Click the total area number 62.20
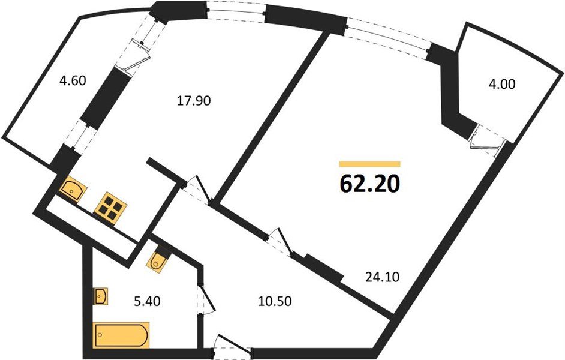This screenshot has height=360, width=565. pyautogui.click(x=369, y=184)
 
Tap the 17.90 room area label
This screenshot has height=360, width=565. pyautogui.click(x=194, y=101)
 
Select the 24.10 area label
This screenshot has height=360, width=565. pyautogui.click(x=382, y=277)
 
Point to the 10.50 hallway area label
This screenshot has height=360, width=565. pyautogui.click(x=275, y=301)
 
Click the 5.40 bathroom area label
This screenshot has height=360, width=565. pyautogui.click(x=147, y=301)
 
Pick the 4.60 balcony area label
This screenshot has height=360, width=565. pyautogui.click(x=73, y=80)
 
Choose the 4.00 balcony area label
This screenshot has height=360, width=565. pyautogui.click(x=501, y=85)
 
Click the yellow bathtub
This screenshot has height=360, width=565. pyautogui.click(x=121, y=335)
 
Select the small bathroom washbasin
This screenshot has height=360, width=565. pyautogui.click(x=100, y=297)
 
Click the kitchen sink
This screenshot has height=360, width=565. pyautogui.click(x=74, y=190)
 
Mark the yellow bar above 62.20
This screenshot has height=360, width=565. pyautogui.click(x=369, y=164)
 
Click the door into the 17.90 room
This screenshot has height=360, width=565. pyautogui.click(x=197, y=191)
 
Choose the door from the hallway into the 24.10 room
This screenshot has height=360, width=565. pyautogui.click(x=280, y=242)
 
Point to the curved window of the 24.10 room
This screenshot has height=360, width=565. pyautogui.click(x=389, y=38)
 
